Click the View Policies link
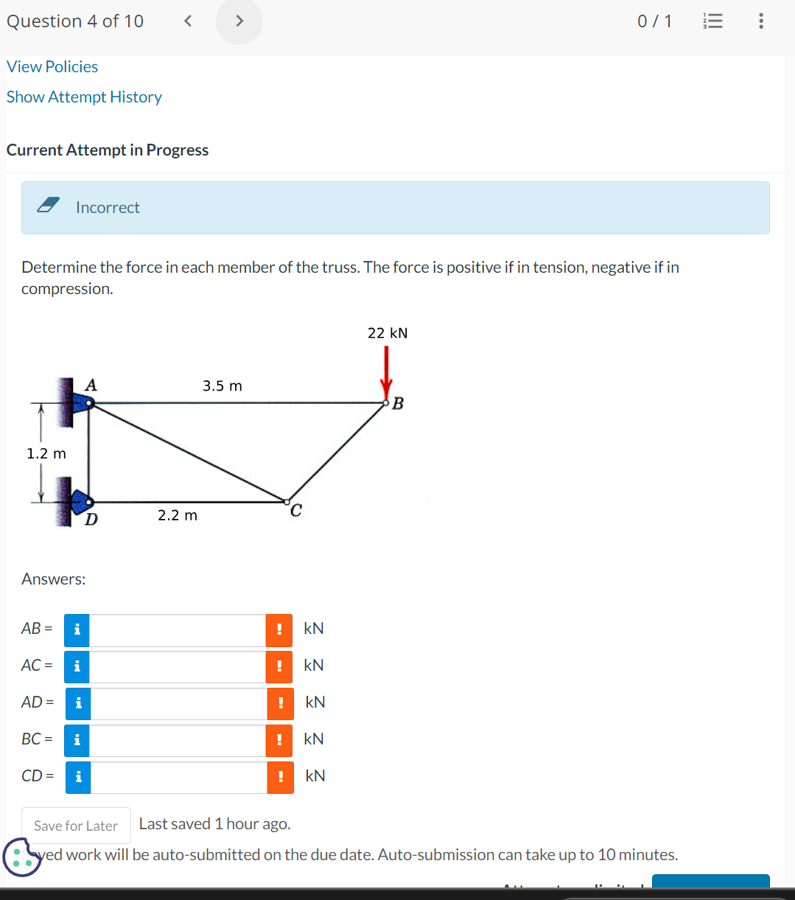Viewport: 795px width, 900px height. (x=52, y=66)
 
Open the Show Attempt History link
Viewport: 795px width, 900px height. (x=84, y=97)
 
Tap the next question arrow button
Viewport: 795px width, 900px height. (x=239, y=21)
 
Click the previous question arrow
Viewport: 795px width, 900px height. (x=188, y=21)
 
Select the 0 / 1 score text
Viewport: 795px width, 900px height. (x=654, y=21)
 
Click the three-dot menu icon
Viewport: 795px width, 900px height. (x=761, y=21)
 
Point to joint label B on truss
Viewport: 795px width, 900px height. (x=399, y=404)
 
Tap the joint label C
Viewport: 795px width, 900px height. (x=295, y=511)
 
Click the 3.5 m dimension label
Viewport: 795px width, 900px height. (x=222, y=386)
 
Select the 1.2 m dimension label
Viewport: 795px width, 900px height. (x=46, y=453)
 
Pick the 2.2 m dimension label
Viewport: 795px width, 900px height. (x=178, y=515)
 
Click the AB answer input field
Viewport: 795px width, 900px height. (x=177, y=629)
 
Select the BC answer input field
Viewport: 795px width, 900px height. (x=177, y=740)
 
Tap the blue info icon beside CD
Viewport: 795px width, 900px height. (x=78, y=777)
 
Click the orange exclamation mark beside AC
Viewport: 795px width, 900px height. (x=279, y=666)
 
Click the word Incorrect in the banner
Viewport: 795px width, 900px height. (x=108, y=208)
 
